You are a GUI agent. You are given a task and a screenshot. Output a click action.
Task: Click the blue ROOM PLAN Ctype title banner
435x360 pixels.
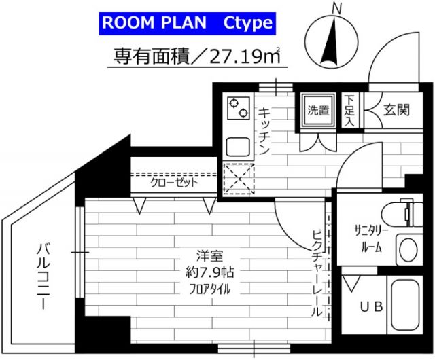click(x=187, y=24)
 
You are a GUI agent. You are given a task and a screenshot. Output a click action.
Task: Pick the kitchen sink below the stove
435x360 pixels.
click(x=239, y=145)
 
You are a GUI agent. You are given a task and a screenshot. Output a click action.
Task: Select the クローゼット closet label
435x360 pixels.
click(x=175, y=183)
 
